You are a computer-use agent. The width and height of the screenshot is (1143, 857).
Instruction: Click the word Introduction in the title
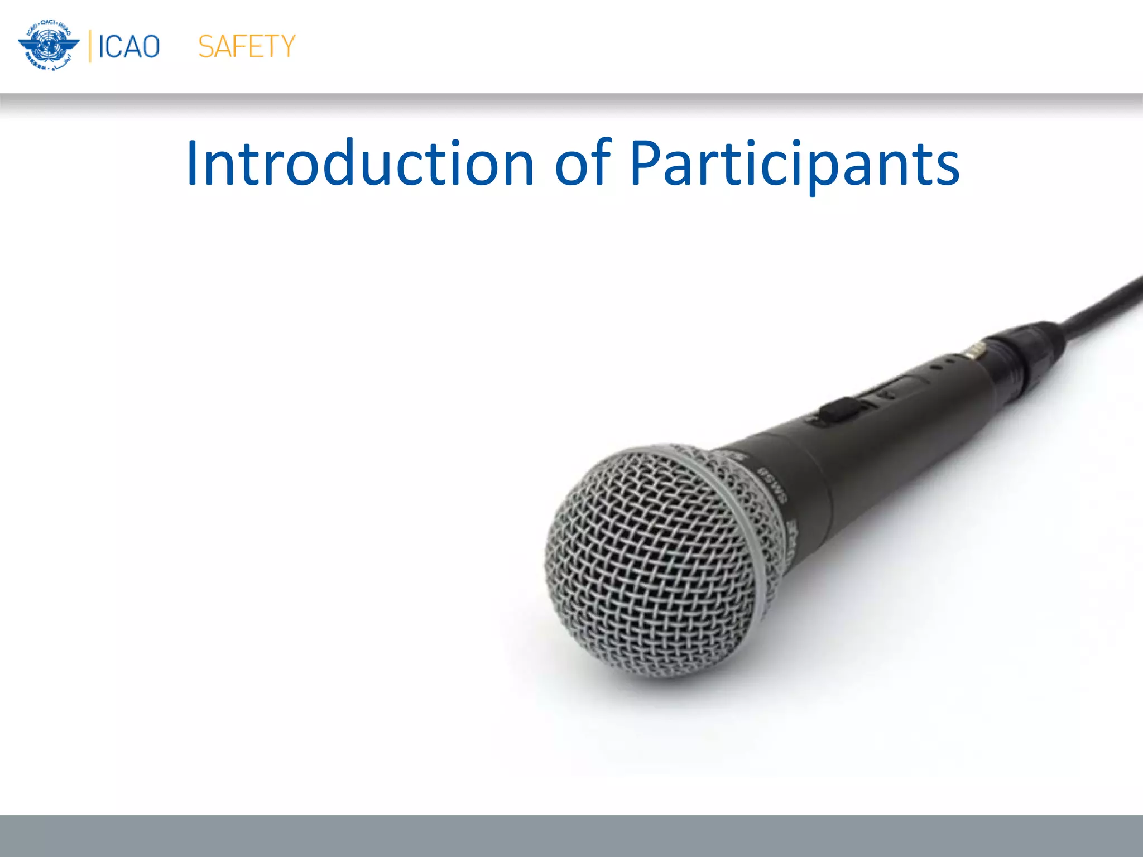[360, 163]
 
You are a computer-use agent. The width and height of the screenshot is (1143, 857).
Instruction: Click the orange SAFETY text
[246, 46]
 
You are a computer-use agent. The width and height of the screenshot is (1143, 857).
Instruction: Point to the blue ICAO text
[129, 46]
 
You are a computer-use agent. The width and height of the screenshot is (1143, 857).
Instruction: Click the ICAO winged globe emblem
[49, 46]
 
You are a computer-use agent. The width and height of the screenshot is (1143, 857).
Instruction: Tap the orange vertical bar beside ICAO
[90, 46]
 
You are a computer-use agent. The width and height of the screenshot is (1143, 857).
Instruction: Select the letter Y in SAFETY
[285, 46]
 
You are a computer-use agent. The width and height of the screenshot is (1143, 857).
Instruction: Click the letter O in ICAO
[150, 46]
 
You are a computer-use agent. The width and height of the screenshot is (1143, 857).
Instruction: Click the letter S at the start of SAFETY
[206, 46]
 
